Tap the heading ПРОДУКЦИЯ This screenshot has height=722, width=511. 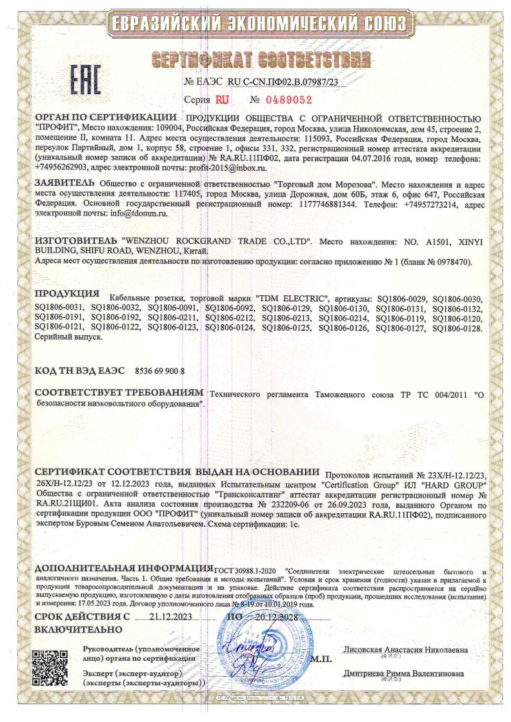pyautogui.click(x=67, y=293)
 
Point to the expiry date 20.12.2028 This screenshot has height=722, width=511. pyautogui.click(x=272, y=617)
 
